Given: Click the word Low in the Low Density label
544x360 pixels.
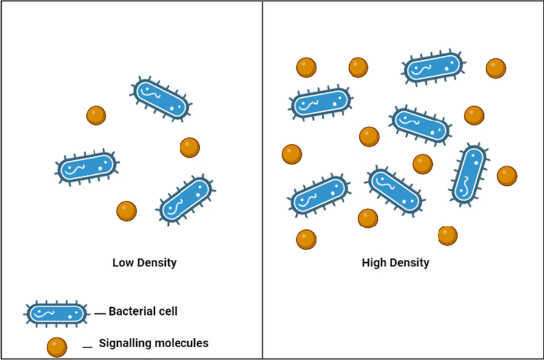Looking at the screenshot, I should [123, 263].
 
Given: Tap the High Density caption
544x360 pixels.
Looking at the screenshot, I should [395, 263].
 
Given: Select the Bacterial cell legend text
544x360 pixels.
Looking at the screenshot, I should [143, 312].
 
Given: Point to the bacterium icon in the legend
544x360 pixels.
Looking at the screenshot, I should [55, 313].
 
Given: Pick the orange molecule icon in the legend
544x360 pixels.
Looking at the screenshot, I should [57, 347].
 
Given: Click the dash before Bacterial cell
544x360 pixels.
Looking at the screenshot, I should [100, 313].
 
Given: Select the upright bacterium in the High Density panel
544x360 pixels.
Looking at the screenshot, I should [469, 174].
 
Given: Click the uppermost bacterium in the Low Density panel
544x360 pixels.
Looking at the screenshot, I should [161, 99].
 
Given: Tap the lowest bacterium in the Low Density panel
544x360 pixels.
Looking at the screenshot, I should [186, 199].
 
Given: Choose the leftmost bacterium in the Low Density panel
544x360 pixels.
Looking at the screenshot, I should [87, 167].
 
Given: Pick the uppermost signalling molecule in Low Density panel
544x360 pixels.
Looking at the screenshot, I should [96, 115].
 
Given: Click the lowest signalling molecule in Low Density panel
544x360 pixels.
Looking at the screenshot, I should [127, 211].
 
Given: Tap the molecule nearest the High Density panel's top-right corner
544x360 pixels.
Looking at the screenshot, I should [496, 68].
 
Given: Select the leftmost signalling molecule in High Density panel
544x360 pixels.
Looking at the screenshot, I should [292, 154].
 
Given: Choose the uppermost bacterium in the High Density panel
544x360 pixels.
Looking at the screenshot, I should [433, 68].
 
